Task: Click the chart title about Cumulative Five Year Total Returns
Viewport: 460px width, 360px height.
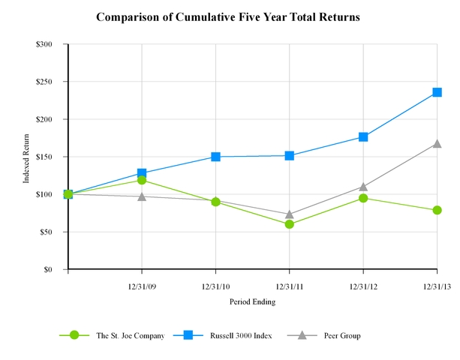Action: coord(228,16)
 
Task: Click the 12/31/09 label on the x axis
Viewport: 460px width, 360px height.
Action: coord(142,286)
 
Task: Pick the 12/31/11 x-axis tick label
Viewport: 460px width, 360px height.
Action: coord(290,286)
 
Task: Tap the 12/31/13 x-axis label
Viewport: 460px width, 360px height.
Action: coord(437,286)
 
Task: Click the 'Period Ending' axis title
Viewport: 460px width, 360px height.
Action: coord(252,301)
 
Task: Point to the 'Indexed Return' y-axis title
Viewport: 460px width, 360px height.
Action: coord(28,157)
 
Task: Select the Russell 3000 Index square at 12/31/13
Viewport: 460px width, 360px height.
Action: coord(437,92)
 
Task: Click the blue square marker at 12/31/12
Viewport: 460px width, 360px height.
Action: coord(363,136)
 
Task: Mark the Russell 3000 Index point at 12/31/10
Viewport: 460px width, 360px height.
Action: coord(216,157)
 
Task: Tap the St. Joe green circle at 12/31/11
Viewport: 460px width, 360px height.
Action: coord(290,224)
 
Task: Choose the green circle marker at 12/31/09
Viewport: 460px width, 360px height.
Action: coord(142,180)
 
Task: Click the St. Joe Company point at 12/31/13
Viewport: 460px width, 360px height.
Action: coord(437,210)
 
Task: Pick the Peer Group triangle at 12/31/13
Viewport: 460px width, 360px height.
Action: coord(437,143)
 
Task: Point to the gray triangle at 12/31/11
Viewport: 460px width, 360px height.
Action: coord(290,214)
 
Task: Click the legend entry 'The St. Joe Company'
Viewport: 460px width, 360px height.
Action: coord(130,335)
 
